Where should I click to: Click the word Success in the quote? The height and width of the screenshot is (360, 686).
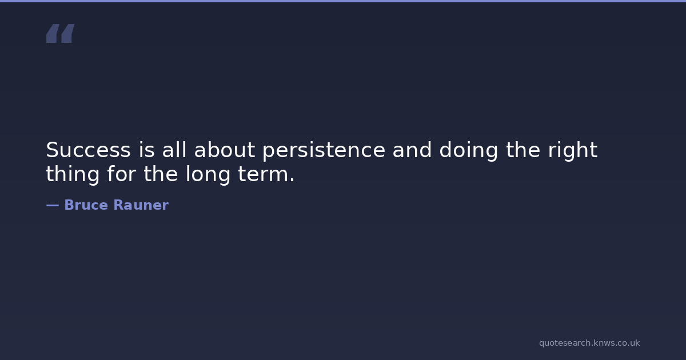89,150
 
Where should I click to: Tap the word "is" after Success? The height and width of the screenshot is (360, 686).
147,150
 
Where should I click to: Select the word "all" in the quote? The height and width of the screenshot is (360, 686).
174,150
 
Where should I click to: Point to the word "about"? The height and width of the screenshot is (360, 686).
225,150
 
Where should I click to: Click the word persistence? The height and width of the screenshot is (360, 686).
324,151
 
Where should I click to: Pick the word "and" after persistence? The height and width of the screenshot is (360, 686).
412,150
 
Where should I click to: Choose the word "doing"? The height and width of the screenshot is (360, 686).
469,151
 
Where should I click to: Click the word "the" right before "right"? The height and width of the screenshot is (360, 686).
523,150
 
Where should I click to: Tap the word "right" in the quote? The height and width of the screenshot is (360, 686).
573,151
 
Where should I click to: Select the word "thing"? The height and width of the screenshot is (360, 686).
73,175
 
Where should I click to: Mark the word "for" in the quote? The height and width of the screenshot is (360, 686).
121,174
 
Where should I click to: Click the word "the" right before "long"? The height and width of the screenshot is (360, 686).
161,174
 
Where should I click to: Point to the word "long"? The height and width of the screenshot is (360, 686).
208,175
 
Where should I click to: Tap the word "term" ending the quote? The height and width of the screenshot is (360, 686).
262,174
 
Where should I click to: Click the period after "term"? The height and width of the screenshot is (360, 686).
292,180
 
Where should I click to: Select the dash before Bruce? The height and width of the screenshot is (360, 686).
53,205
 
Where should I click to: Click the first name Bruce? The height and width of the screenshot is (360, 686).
86,205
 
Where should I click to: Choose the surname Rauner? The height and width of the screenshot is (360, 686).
141,205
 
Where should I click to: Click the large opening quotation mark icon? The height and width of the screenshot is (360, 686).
61,33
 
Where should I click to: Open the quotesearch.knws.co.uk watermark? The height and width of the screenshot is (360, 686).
589,343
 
